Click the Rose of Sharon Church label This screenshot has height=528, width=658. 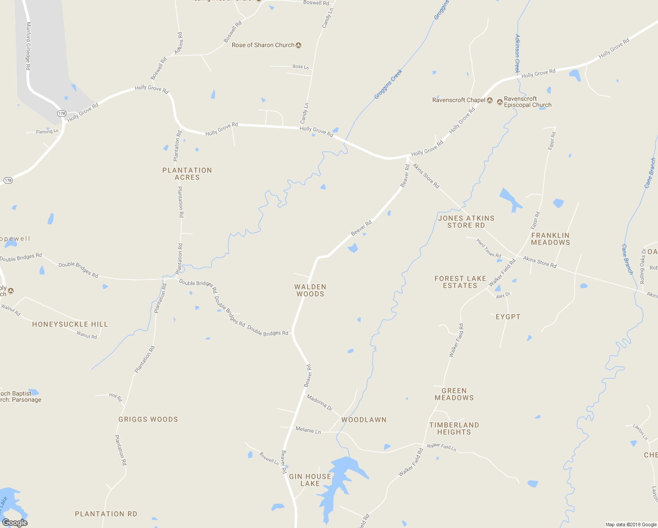263,45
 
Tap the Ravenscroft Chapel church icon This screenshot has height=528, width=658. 490,100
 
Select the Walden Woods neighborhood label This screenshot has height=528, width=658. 310,290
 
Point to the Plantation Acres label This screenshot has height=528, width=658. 187,174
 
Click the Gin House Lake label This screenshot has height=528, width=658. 310,480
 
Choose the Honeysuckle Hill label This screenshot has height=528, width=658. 70,324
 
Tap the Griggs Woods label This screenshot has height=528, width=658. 148,419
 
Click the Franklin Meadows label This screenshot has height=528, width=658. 550,239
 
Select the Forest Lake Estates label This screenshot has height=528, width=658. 460,282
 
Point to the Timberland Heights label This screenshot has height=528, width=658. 454,429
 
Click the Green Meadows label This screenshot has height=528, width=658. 454,394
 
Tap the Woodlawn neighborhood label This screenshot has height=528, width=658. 364,420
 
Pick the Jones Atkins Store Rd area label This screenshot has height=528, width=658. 466,222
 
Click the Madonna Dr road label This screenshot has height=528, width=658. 320,402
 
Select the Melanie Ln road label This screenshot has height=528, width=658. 308,430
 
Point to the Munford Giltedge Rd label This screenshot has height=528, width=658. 28,46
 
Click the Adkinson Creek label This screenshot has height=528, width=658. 517,53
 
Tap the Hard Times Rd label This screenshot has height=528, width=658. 489,248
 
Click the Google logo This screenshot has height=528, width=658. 15,522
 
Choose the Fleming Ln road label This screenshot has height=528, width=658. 47,132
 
